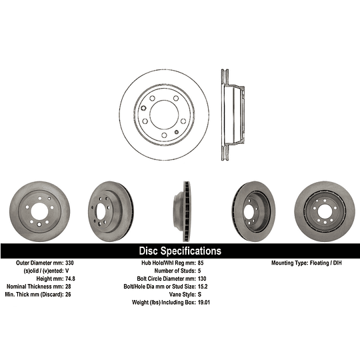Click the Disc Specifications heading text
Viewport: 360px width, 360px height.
coord(180,251)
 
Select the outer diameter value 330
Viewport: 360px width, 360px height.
coord(69,263)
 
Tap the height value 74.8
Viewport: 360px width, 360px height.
coord(70,279)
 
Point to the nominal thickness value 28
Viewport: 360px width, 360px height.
coord(68,287)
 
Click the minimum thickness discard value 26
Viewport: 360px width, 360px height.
coord(68,295)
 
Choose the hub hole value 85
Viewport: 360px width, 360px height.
coord(201,263)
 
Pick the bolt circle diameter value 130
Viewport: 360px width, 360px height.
coord(202,279)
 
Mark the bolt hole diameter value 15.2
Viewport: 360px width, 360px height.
coord(203,287)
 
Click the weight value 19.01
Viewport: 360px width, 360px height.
coord(204,303)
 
